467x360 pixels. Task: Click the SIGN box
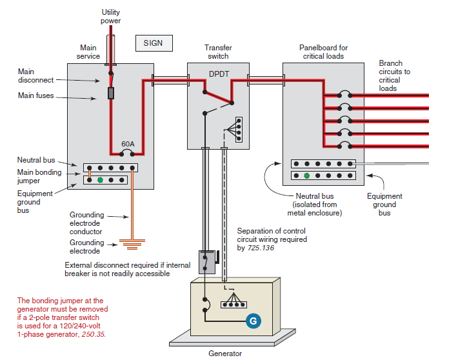click(154, 43)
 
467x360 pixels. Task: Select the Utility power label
click(110, 17)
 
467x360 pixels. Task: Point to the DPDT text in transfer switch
click(219, 74)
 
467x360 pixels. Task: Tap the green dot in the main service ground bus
click(100, 180)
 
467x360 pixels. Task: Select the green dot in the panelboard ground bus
click(306, 175)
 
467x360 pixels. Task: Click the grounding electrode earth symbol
click(131, 245)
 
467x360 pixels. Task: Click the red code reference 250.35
click(93, 335)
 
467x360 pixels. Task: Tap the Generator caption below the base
click(225, 353)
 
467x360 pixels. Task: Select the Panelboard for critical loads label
click(323, 52)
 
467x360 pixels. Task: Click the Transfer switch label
click(218, 52)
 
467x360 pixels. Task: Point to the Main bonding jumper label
click(39, 176)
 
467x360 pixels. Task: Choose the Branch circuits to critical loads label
click(394, 75)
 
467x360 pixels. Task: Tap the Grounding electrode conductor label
click(86, 223)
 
